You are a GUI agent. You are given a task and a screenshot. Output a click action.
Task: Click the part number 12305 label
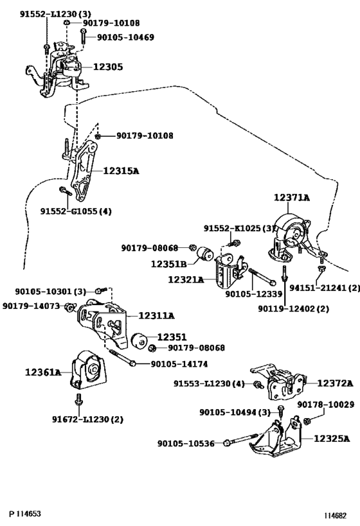[108, 67]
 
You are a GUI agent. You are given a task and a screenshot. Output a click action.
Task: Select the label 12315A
[121, 171]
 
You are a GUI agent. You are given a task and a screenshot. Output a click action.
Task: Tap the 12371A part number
[291, 198]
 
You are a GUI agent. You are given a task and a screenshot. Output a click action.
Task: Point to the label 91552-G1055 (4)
[76, 211]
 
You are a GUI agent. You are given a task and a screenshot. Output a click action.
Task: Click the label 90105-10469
[125, 37]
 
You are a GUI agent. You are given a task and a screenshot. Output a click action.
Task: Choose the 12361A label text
[43, 372]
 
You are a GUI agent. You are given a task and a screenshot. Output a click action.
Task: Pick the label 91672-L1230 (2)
[87, 419]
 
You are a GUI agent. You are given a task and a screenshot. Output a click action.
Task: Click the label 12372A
[335, 383]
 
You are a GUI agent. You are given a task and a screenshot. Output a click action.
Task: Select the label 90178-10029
[326, 405]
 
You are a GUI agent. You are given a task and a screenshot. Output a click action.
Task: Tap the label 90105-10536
[186, 444]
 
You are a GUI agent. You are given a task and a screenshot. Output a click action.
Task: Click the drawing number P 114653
[25, 514]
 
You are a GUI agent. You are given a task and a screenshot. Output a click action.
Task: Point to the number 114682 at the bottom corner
[335, 516]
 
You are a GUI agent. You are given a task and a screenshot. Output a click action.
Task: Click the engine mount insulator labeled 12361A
[88, 370]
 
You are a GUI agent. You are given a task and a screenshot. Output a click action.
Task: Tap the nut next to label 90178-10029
[306, 421]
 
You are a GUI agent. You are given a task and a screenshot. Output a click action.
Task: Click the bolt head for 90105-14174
[133, 364]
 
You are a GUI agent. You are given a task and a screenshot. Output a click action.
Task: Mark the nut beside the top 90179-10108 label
[67, 22]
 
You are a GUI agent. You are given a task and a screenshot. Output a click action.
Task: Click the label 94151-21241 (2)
[325, 288]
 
